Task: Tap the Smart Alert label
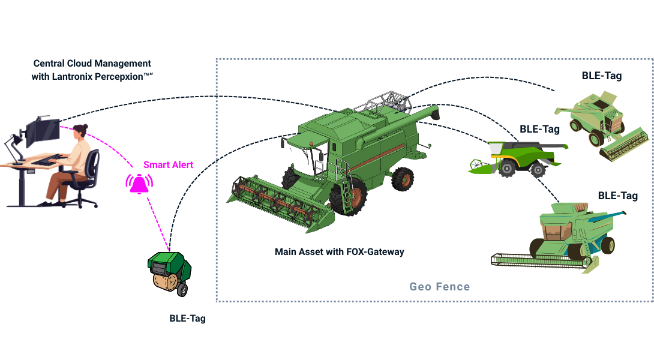tap(164, 164)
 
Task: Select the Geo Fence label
tap(439, 287)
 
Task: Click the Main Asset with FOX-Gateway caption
tap(339, 252)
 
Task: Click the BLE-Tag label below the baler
tap(187, 319)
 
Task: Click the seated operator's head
tap(80, 132)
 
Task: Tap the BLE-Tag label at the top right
tap(601, 76)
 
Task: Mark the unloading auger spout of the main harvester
tap(431, 112)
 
